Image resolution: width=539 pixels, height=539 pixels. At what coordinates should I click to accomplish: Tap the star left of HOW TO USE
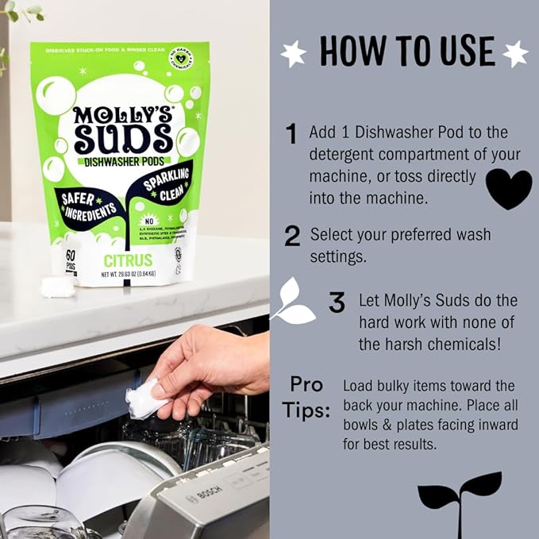293,53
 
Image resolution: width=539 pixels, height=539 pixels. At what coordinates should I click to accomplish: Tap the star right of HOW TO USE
515,53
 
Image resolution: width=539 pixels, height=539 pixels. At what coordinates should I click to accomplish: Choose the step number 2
292,236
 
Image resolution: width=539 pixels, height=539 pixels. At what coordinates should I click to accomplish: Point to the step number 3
337,302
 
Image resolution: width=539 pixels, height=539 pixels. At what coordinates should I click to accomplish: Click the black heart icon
508,189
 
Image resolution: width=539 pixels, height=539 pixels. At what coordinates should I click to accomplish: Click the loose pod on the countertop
57,287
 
